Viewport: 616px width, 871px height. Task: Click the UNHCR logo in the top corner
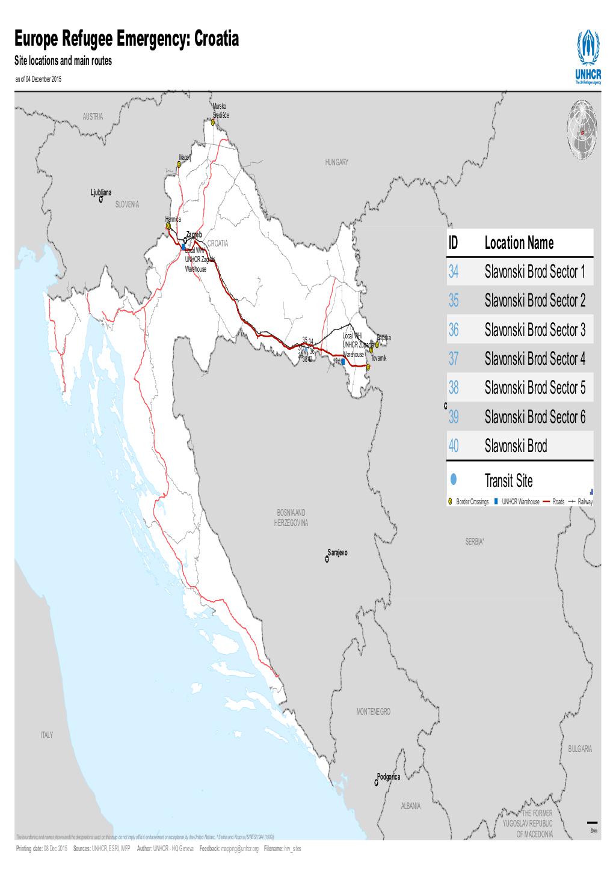(x=588, y=58)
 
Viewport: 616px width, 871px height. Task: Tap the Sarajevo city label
(x=337, y=552)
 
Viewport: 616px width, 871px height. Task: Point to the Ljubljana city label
(x=101, y=192)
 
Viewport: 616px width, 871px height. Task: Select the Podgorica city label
(x=388, y=776)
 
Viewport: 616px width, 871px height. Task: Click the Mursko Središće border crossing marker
(x=213, y=122)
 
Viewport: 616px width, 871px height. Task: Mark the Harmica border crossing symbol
(x=168, y=227)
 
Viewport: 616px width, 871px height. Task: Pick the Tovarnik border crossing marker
(x=368, y=365)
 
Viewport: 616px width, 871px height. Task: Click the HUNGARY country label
(x=336, y=163)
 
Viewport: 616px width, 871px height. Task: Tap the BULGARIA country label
(x=579, y=749)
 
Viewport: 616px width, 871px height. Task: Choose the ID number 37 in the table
(x=453, y=359)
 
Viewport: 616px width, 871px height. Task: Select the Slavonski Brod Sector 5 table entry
(x=534, y=388)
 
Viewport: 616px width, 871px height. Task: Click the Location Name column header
(x=519, y=243)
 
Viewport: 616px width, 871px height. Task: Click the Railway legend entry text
(x=585, y=501)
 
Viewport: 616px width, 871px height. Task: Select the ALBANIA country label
(x=411, y=806)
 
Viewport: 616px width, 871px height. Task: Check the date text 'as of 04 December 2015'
(x=38, y=79)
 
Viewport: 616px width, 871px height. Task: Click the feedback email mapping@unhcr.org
(x=239, y=849)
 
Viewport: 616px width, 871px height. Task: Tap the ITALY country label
(x=47, y=735)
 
